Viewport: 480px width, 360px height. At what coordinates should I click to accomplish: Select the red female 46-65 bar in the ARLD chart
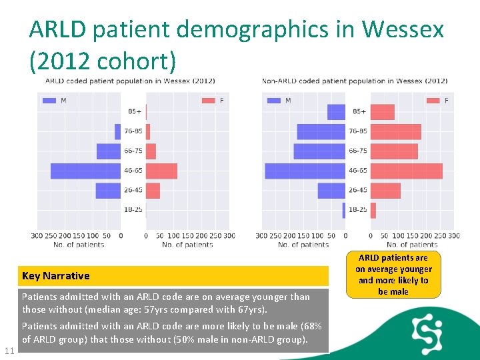point(161,171)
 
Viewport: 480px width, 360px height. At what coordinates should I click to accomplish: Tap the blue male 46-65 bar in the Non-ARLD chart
point(305,171)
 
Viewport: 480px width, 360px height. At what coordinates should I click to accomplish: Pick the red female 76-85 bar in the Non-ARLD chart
point(395,131)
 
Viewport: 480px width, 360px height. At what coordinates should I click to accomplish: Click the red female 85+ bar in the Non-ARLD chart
point(383,112)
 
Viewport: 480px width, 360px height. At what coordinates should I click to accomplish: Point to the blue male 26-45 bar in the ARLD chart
point(108,191)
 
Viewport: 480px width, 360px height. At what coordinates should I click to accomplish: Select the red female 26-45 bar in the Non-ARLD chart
point(385,191)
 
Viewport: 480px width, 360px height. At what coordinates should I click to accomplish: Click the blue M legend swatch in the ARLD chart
point(49,101)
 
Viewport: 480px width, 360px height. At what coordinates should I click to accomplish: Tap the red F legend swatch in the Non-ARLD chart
point(432,101)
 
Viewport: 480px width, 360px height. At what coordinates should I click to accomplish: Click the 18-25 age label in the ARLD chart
point(133,210)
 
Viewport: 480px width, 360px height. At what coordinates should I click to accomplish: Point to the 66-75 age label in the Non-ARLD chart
point(358,151)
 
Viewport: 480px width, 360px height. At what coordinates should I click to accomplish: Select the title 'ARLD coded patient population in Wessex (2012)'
point(129,81)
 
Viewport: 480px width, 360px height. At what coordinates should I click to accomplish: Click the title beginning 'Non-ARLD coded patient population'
point(354,81)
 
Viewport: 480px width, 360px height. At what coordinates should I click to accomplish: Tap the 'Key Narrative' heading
point(56,276)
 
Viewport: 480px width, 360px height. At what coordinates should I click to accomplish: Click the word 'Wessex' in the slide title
point(403,29)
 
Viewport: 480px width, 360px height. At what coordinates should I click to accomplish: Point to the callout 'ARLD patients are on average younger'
point(393,274)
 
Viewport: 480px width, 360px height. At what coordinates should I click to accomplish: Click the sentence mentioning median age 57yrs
point(166,303)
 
